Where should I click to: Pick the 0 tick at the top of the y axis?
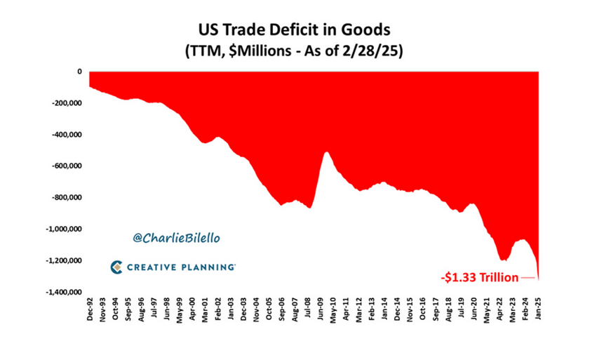coord(79,72)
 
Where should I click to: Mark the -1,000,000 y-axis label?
coord(64,229)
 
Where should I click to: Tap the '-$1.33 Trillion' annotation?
coord(479,278)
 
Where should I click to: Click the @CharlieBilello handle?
coord(176,238)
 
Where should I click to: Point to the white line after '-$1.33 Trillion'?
coord(527,279)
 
